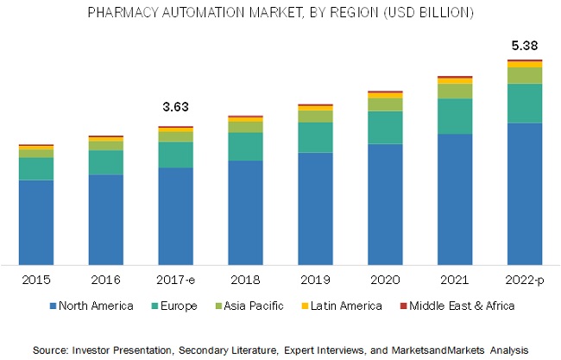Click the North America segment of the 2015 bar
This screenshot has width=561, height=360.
(x=35, y=221)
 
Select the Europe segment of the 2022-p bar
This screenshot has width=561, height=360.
(x=525, y=103)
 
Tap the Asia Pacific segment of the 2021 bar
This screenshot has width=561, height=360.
(x=455, y=91)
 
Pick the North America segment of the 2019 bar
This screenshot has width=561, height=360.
(x=315, y=207)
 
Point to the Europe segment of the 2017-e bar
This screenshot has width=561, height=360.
(x=175, y=155)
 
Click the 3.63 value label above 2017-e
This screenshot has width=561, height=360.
(x=175, y=107)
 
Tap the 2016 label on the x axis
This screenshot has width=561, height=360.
(x=105, y=280)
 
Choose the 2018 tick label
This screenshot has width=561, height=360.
(x=245, y=280)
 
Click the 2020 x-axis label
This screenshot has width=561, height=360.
(x=385, y=280)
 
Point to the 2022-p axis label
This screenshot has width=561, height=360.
(x=525, y=280)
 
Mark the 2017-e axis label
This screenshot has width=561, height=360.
(x=175, y=280)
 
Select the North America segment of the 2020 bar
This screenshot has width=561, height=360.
(x=385, y=203)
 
